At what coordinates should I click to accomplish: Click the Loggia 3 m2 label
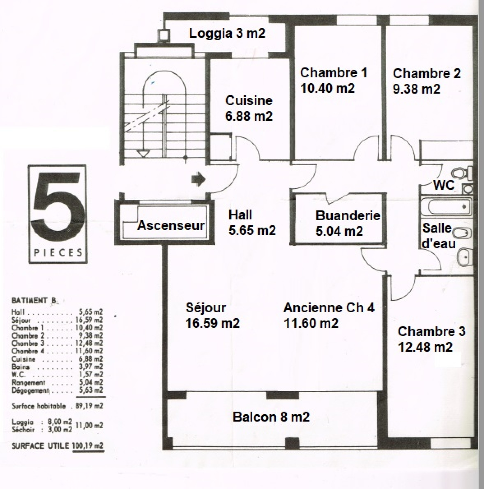227,33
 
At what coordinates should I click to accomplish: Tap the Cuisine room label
249,101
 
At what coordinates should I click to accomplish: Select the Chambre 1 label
334,73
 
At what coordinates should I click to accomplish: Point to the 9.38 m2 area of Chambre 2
417,89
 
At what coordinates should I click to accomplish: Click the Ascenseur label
171,225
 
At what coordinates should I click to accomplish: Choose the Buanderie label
348,215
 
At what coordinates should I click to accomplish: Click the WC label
444,185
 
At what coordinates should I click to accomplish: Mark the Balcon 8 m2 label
271,417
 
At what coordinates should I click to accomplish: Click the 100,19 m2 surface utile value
88,446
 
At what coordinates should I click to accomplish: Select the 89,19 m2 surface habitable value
89,406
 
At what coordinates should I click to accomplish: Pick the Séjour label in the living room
206,308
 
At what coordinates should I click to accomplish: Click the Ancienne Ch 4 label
329,308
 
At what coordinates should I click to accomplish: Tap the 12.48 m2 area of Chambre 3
425,347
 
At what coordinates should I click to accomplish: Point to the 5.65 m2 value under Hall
252,231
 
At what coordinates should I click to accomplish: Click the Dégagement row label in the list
30,390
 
